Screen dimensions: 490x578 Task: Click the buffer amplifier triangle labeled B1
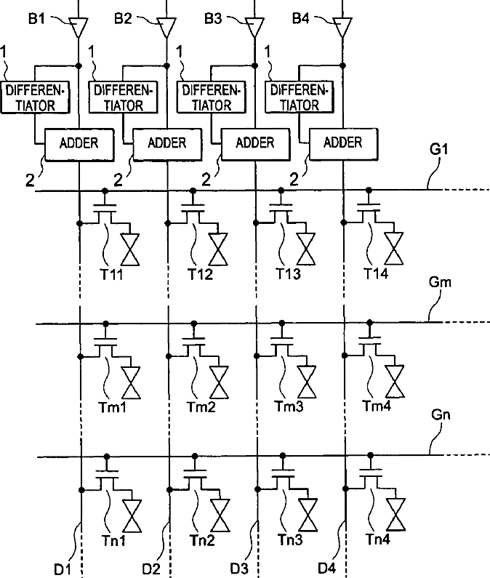pos(79,28)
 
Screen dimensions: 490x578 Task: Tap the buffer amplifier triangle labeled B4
pos(342,28)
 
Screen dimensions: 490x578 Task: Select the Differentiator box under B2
pos(123,97)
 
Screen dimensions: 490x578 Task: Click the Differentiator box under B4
pos(299,97)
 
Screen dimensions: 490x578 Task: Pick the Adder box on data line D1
pos(79,145)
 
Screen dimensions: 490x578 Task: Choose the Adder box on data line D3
pos(255,144)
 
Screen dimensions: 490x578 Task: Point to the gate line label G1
pos(439,149)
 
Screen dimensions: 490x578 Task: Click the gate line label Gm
pos(440,282)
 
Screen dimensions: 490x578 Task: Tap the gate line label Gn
pos(441,414)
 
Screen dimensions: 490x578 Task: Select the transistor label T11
pos(111,274)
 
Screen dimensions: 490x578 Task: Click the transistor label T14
pos(376,273)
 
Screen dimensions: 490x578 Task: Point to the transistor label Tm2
pos(201,407)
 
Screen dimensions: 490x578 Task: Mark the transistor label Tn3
pos(290,539)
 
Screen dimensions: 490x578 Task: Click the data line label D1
pos(63,569)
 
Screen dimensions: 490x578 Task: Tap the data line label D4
pos(326,569)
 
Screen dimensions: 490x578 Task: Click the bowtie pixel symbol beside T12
pos(218,249)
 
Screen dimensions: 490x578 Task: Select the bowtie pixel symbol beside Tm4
pos(395,382)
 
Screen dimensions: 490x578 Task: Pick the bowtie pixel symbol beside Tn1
pos(132,516)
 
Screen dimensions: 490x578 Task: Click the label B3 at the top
pos(213,18)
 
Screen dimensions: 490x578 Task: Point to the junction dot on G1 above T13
pos(281,190)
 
